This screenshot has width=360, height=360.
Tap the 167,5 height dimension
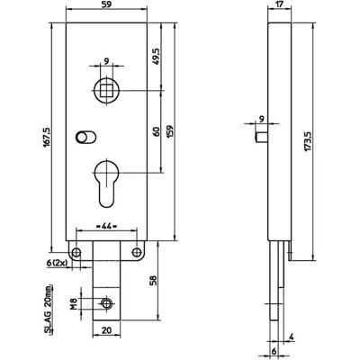click(x=48, y=137)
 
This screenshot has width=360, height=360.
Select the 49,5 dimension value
click(x=157, y=56)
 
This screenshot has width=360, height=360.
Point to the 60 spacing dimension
click(x=156, y=132)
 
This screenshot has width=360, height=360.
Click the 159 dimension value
click(x=169, y=131)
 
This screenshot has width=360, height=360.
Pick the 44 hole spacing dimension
click(x=106, y=226)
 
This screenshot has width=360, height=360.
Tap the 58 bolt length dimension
click(x=153, y=281)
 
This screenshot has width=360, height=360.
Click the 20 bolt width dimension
click(x=106, y=330)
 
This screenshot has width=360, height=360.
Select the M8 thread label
click(x=73, y=303)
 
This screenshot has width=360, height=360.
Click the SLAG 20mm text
click(x=48, y=309)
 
